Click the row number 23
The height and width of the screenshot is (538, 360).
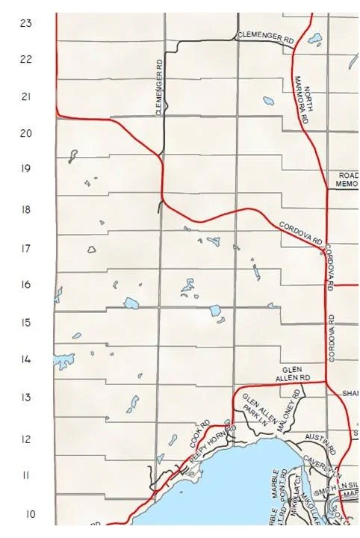26,23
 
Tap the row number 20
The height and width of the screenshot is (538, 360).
26,133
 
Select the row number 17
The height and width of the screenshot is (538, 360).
26,248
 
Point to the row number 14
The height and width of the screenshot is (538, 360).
26,359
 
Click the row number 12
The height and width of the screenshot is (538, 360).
26,439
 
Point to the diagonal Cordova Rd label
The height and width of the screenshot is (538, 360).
300,232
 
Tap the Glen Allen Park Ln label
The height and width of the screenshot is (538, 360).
254,410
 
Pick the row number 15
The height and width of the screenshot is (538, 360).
26,323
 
